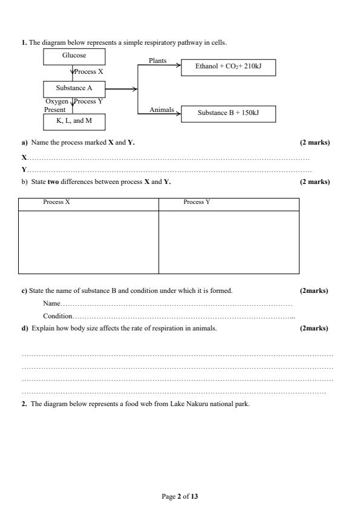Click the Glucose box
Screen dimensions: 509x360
(x=74, y=56)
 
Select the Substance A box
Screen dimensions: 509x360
(x=74, y=89)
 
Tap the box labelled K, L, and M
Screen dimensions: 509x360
(x=74, y=122)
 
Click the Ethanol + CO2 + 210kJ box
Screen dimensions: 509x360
(x=227, y=68)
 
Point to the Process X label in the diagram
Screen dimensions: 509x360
(x=89, y=72)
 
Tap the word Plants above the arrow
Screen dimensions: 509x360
(x=157, y=61)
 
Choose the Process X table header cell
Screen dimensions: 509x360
(x=57, y=202)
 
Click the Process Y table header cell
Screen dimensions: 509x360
(x=197, y=202)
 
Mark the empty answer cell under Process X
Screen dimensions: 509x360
(x=89, y=242)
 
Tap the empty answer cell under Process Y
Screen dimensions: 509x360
(x=229, y=242)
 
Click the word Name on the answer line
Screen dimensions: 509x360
(x=51, y=303)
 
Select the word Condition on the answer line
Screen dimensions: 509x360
(x=57, y=316)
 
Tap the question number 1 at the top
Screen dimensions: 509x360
(x=24, y=42)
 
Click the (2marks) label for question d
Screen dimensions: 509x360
(x=314, y=328)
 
